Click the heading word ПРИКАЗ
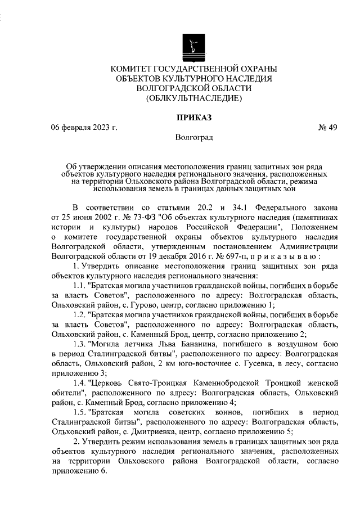[x=193, y=118]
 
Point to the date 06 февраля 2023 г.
[x=84, y=127]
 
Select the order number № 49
[x=328, y=127]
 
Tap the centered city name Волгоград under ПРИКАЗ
[x=194, y=137]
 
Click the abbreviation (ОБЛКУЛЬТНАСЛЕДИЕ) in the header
[x=193, y=98]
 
